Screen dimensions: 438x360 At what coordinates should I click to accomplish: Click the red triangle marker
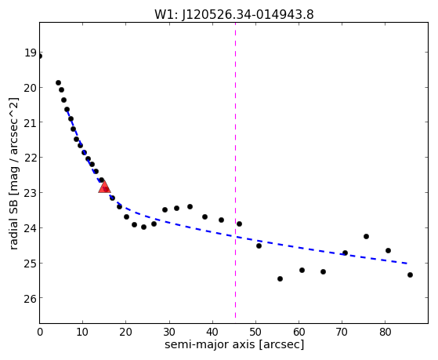104,187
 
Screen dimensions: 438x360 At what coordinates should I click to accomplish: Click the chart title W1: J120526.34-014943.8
234,14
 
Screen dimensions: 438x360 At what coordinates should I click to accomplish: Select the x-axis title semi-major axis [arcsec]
234,344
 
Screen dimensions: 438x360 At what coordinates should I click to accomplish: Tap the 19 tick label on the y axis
31,53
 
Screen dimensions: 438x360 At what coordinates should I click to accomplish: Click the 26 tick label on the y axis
31,299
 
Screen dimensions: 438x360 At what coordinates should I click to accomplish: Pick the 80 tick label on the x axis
386,333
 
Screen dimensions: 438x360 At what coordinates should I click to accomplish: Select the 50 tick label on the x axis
255,333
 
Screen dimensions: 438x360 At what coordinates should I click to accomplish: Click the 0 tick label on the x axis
40,333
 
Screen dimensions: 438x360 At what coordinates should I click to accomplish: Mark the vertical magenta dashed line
235,170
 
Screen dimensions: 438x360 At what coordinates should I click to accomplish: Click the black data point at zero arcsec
40,56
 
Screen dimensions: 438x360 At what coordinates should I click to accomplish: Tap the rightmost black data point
410,275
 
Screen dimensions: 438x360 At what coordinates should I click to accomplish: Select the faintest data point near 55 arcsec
280,279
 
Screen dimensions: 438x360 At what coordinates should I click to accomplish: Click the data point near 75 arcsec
366,236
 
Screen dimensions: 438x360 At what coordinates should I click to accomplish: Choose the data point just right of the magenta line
239,224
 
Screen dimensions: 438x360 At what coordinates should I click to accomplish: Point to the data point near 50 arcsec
259,245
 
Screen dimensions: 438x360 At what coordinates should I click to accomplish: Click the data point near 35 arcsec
190,207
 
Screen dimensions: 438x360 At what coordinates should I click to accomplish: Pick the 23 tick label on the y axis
31,193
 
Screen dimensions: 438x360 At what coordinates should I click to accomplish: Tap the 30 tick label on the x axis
169,333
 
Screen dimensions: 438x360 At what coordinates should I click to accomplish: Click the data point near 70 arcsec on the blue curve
345,253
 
